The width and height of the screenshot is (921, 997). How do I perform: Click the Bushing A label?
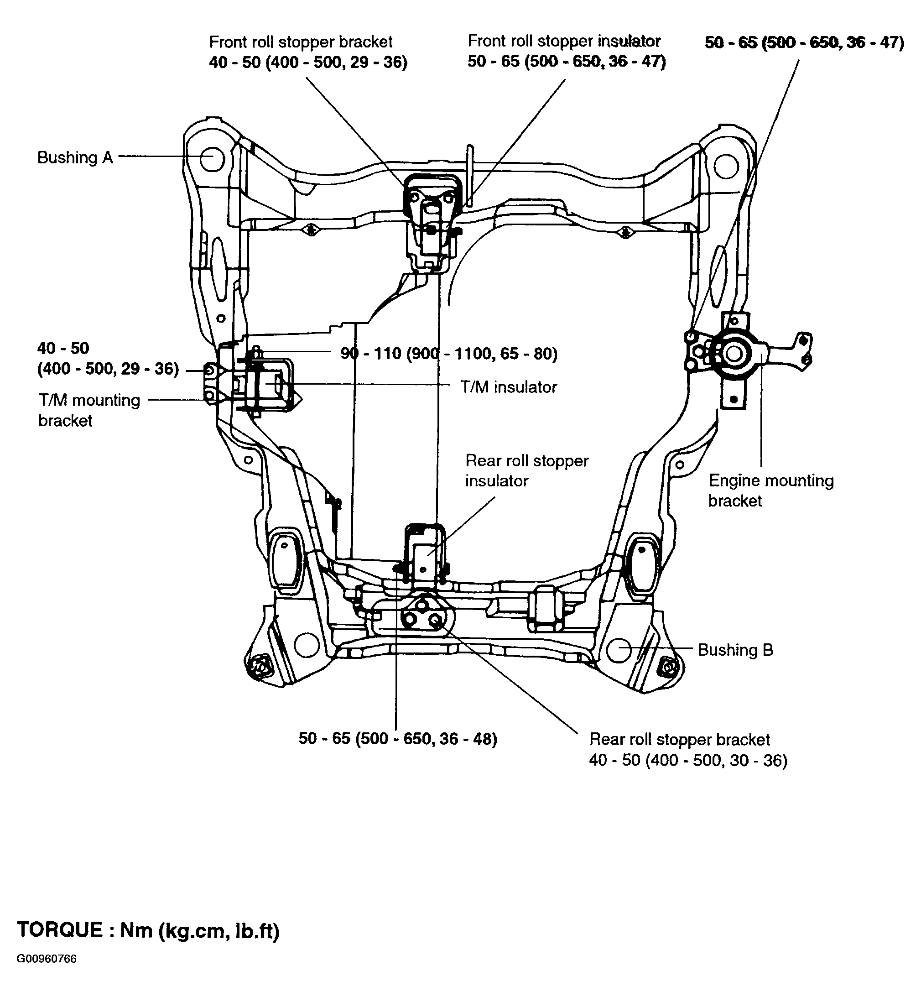tap(75, 157)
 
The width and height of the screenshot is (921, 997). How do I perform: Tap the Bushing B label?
tap(735, 650)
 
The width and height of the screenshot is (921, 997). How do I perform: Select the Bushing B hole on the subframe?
tap(619, 650)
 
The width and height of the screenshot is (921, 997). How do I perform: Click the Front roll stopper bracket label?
tap(301, 42)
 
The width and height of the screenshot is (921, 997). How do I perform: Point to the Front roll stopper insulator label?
tap(564, 41)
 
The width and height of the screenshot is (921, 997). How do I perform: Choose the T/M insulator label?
tap(509, 387)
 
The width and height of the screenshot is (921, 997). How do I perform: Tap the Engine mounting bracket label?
tap(771, 491)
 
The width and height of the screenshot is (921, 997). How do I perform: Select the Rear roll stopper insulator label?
tap(527, 470)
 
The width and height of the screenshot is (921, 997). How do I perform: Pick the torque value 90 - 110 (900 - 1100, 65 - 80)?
tap(449, 354)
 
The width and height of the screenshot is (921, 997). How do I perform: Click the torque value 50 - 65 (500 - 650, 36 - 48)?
tap(398, 738)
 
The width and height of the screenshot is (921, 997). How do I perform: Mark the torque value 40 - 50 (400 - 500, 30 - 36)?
tap(688, 760)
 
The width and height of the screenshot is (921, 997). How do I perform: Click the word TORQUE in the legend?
tap(60, 930)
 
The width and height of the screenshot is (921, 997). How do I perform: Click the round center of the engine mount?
tap(733, 354)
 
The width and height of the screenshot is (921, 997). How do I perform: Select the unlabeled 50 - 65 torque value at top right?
tap(804, 42)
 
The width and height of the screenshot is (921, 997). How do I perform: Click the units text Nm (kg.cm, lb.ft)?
tap(200, 930)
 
